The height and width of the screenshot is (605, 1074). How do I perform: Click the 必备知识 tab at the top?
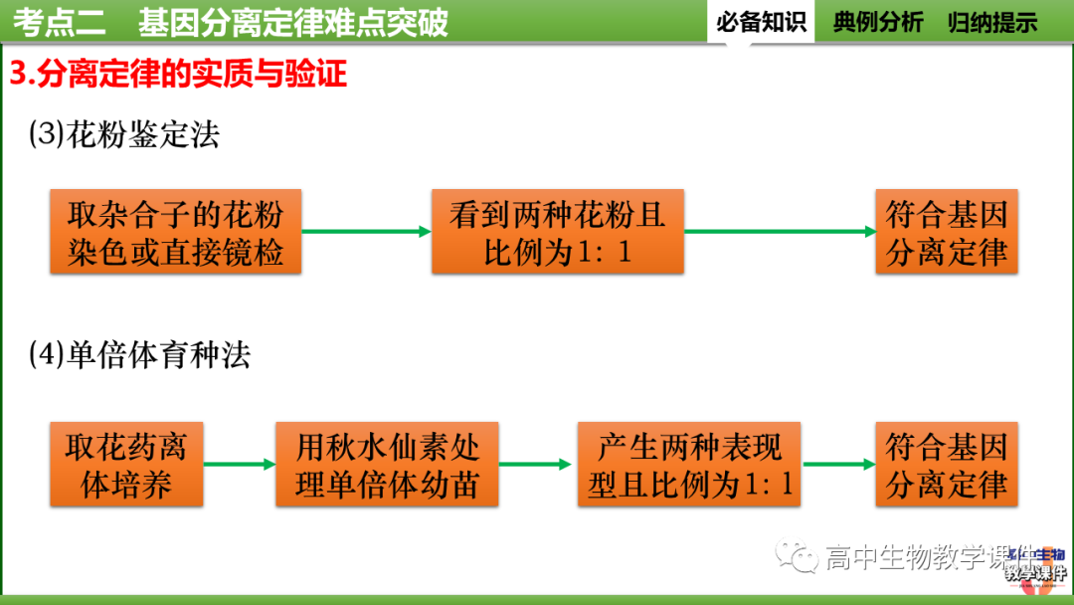click(x=761, y=22)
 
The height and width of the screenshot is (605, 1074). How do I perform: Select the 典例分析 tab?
click(x=877, y=22)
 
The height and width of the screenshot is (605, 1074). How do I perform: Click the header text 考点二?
click(x=53, y=22)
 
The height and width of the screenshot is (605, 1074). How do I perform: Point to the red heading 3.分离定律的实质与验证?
click(x=179, y=74)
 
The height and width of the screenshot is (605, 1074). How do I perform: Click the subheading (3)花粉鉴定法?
click(x=123, y=134)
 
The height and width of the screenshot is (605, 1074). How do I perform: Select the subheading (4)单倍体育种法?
click(x=139, y=355)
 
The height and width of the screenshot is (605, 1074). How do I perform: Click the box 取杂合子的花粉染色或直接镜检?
click(x=175, y=232)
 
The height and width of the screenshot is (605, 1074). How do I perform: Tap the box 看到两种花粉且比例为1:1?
click(x=557, y=232)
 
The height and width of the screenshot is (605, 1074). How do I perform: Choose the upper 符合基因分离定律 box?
click(x=946, y=232)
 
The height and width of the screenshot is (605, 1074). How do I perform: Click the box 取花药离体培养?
click(x=126, y=464)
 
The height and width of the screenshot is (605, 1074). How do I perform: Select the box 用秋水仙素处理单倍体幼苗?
click(x=387, y=464)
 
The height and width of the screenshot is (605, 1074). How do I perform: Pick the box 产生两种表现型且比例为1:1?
click(x=689, y=464)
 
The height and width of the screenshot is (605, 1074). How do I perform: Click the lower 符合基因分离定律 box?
click(x=946, y=464)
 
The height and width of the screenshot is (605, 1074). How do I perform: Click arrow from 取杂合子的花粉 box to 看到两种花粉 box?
click(x=366, y=232)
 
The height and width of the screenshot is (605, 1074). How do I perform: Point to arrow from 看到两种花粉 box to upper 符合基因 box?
click(x=780, y=232)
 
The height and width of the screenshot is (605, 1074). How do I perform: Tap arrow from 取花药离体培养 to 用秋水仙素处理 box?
click(x=239, y=464)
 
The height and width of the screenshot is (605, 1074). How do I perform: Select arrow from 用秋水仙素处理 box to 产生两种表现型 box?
click(x=537, y=464)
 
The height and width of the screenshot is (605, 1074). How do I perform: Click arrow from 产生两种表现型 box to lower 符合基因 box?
click(x=838, y=464)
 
